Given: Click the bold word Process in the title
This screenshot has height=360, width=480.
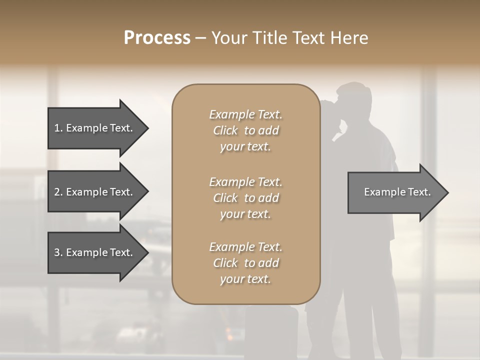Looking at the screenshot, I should (x=157, y=38).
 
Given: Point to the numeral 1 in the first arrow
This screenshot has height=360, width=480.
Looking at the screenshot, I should (x=56, y=128).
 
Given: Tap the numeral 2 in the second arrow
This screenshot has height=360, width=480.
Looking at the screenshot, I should (x=56, y=192).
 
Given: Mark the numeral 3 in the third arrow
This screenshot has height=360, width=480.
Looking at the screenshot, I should (x=56, y=252).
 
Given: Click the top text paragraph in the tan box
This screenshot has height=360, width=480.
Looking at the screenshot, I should (x=245, y=130).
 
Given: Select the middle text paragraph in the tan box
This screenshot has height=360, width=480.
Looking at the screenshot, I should (x=245, y=197).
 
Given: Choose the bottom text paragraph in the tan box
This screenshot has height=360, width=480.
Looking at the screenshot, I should (x=245, y=263).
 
